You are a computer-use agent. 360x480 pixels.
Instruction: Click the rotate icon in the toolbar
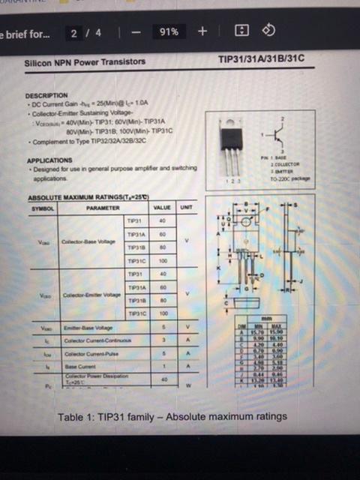click(269, 31)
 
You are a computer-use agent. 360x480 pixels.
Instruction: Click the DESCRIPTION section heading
click(46, 96)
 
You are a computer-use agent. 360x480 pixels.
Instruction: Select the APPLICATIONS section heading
click(49, 160)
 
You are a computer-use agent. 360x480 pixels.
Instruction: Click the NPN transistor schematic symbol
click(283, 136)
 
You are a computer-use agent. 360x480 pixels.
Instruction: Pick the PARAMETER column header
click(103, 208)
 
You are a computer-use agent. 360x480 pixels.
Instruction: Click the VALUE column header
click(161, 208)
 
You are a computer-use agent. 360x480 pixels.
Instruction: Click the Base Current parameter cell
click(79, 367)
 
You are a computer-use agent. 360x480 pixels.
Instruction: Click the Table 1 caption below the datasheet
click(172, 416)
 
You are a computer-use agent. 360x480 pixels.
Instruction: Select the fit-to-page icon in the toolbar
click(241, 31)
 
